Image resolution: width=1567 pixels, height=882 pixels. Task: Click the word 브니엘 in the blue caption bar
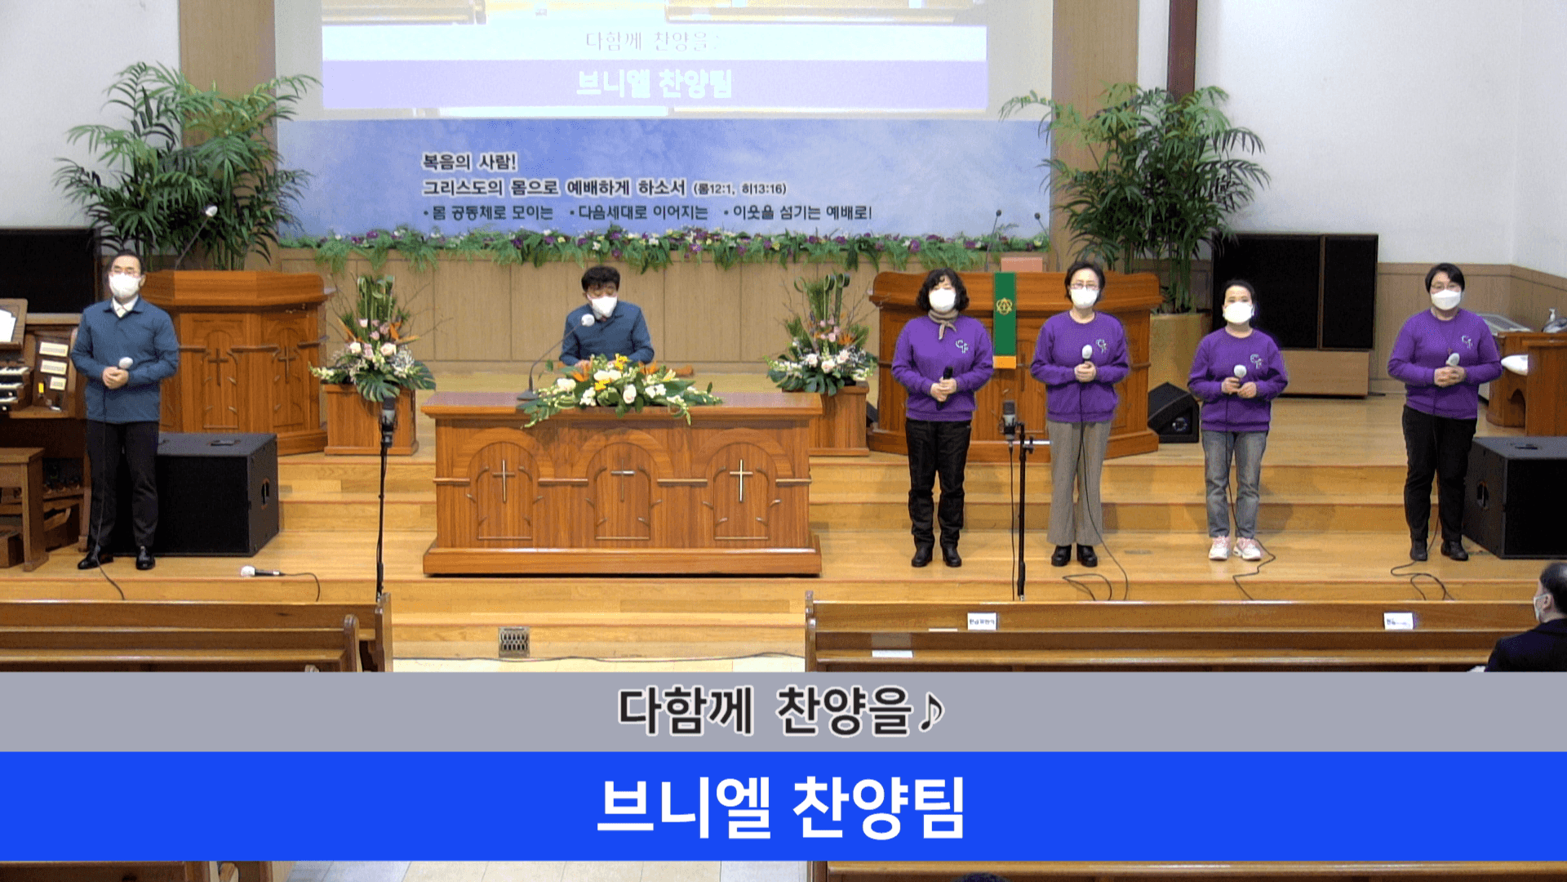tap(684, 808)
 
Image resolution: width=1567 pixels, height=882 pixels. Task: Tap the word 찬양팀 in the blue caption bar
tap(879, 808)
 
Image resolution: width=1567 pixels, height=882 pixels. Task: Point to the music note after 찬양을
tap(931, 710)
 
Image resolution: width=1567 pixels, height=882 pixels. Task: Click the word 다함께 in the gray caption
tap(684, 710)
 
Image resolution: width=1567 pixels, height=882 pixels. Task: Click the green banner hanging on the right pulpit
tap(1005, 319)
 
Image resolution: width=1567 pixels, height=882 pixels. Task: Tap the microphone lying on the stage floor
tap(260, 572)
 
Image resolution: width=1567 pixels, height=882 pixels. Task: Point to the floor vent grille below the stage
tap(513, 641)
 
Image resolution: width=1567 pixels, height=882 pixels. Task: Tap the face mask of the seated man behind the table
tap(603, 306)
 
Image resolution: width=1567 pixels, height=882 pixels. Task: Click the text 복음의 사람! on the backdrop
tap(469, 162)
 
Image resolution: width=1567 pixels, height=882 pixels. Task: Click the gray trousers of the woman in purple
tap(1078, 482)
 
